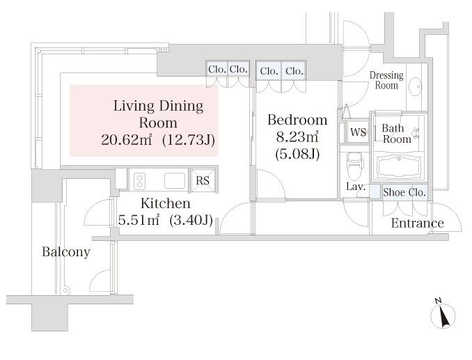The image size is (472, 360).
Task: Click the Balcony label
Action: click(x=66, y=252)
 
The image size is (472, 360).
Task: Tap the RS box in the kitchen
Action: click(x=203, y=180)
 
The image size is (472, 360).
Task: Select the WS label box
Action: click(x=358, y=132)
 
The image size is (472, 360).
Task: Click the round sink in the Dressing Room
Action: click(x=416, y=86)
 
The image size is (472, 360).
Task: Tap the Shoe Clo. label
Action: click(x=404, y=192)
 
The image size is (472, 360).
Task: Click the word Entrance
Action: click(x=417, y=223)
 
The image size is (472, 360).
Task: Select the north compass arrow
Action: click(x=443, y=315)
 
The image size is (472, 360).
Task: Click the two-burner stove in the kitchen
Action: click(x=139, y=181)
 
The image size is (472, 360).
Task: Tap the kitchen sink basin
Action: click(x=175, y=180)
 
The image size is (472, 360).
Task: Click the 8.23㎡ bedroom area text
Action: click(x=297, y=137)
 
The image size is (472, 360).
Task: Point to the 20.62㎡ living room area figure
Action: click(x=127, y=140)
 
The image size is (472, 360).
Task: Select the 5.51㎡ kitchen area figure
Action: click(x=139, y=220)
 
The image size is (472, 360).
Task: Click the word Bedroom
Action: click(x=297, y=120)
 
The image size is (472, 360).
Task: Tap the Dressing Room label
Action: click(x=386, y=80)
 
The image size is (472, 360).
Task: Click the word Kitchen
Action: click(x=165, y=203)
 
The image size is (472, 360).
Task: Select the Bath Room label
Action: click(x=395, y=134)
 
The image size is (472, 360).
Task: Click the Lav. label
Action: click(x=356, y=187)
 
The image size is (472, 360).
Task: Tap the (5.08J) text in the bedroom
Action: click(x=297, y=155)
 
